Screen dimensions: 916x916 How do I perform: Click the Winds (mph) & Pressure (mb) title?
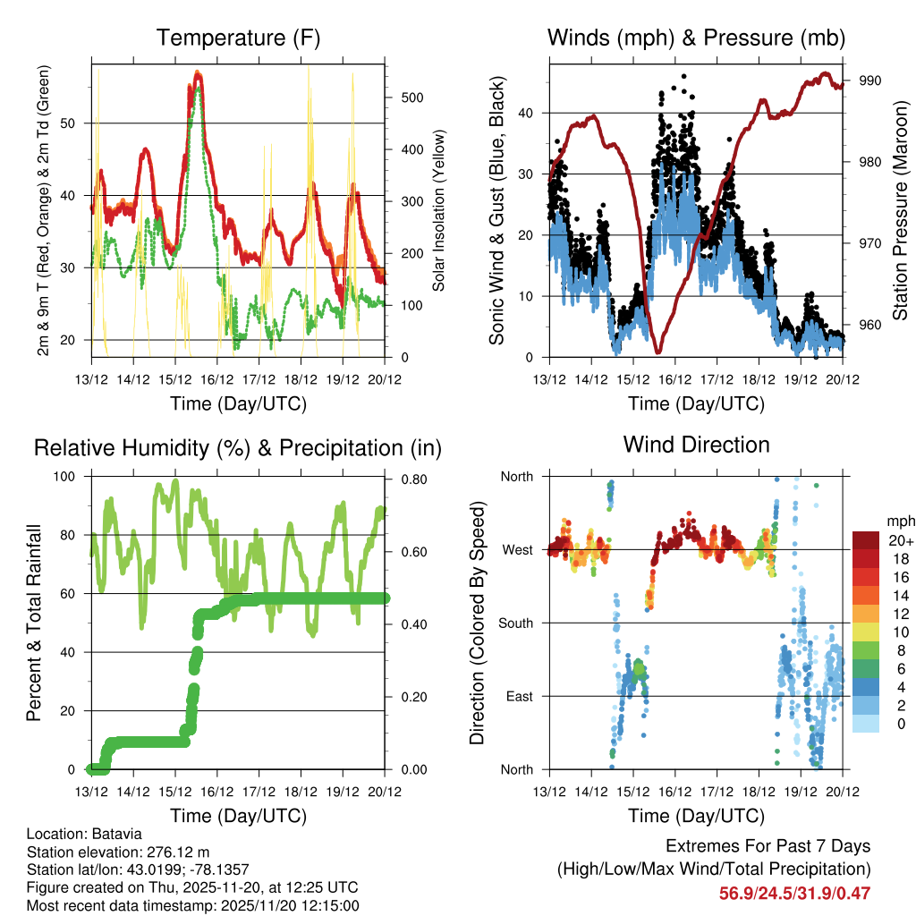[696, 38]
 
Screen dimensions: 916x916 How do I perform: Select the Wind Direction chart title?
[696, 445]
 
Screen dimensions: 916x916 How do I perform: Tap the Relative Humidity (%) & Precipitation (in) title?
[237, 447]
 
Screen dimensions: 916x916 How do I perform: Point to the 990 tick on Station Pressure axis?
[870, 81]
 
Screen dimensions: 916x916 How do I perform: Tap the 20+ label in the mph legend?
[899, 540]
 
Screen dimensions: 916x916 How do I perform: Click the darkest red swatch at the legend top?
[865, 539]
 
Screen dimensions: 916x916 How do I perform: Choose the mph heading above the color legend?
[898, 521]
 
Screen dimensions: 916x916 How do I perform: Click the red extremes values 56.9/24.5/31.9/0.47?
[794, 893]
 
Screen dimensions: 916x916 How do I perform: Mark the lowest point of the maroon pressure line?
[657, 352]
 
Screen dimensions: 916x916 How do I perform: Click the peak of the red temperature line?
[199, 75]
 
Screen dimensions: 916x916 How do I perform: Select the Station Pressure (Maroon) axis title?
[900, 210]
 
